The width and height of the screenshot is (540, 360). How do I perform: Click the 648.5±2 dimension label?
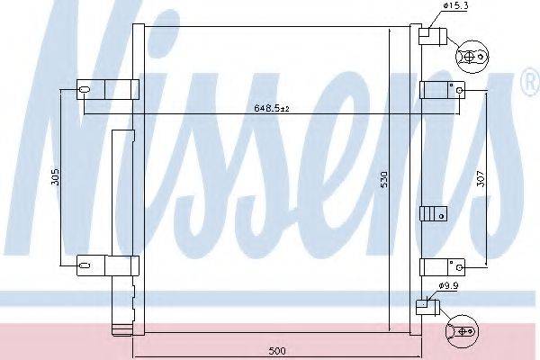(271, 110)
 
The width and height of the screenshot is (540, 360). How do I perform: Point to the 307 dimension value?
(481, 177)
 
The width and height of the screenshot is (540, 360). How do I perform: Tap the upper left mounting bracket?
(107, 89)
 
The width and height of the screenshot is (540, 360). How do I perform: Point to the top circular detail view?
(471, 56)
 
